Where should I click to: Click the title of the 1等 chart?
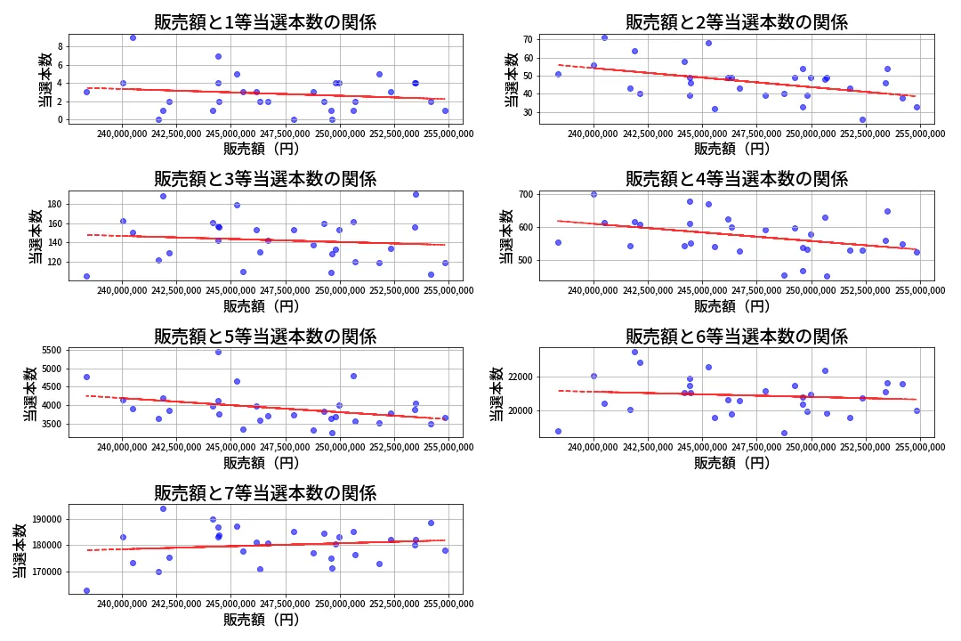click(265, 22)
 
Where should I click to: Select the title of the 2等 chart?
click(736, 22)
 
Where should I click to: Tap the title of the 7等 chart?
click(265, 493)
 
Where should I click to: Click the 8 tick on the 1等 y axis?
click(61, 46)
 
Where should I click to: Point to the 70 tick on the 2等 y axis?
click(527, 40)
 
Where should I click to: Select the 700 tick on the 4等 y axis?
click(524, 194)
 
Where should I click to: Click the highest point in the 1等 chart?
click(133, 37)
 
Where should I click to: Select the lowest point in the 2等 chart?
click(862, 119)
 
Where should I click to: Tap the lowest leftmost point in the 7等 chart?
click(86, 590)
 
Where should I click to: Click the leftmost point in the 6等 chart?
click(558, 431)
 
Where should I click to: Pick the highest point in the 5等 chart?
click(218, 352)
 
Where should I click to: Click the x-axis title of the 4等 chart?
click(732, 306)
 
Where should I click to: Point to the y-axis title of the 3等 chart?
click(34, 236)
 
